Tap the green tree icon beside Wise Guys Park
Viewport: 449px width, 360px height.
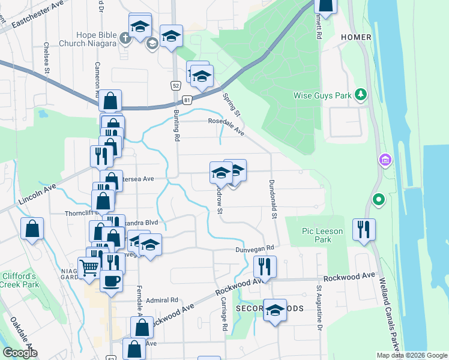point(361,94)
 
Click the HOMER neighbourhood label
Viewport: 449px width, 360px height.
point(356,37)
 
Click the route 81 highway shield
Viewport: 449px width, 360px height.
point(188,98)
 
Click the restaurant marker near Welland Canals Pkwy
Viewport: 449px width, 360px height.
point(363,229)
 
